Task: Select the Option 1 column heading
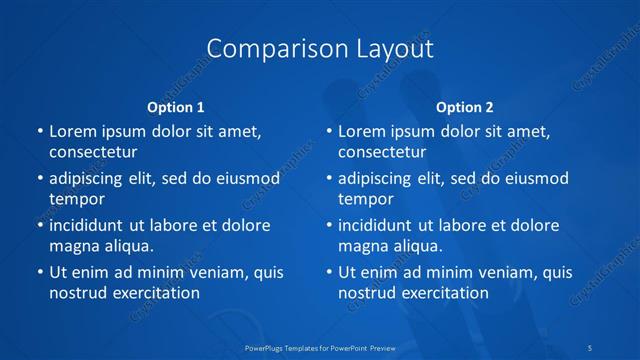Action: (x=176, y=106)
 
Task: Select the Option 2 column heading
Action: (x=465, y=106)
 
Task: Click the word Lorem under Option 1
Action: (x=73, y=131)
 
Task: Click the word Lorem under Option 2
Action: (x=362, y=131)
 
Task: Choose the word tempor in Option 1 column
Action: (x=76, y=199)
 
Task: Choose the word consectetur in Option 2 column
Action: (x=382, y=152)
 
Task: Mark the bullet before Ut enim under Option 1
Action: (x=39, y=272)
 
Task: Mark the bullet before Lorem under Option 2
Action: (x=328, y=131)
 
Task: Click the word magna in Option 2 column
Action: (x=362, y=246)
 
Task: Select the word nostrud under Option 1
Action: (x=77, y=293)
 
